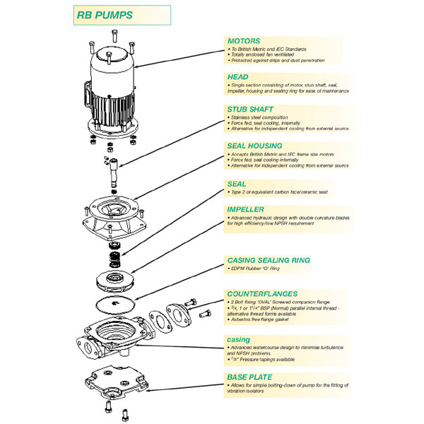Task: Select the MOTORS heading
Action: point(243,41)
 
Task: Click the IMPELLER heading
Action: point(246,210)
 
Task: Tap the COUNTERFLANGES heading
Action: point(262,292)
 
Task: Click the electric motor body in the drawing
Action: point(114,92)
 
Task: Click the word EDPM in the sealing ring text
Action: point(237,270)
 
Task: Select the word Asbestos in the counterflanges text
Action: point(242,320)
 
